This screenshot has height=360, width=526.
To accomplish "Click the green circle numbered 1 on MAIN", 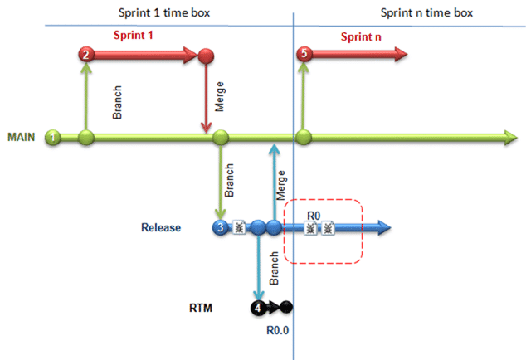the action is click(x=53, y=137).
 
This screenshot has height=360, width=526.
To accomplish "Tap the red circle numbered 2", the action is click(x=86, y=55).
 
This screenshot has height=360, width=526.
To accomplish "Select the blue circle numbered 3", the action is click(x=221, y=227).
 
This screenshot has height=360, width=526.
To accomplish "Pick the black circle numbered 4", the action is click(x=258, y=308).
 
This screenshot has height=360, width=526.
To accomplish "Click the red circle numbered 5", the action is click(x=304, y=54).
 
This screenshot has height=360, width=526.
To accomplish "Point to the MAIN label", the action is click(x=22, y=137).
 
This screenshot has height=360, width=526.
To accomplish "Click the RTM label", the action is click(x=201, y=308).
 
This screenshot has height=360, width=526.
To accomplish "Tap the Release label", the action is click(x=161, y=227).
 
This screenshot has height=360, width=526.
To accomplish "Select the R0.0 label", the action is click(x=277, y=330).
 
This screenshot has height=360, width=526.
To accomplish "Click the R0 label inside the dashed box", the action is click(x=314, y=216).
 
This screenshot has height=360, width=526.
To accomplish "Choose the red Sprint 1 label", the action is click(x=134, y=35).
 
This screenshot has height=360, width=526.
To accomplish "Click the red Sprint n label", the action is click(x=361, y=36).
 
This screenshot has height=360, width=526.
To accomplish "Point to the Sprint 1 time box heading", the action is click(x=164, y=12).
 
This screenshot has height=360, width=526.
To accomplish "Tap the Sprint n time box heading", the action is click(x=426, y=12).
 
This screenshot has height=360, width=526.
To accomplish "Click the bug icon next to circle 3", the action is click(x=239, y=227).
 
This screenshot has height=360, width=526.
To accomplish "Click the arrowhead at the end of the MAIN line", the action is click(x=510, y=138).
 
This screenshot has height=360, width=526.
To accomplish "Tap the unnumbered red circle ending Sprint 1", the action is click(x=206, y=56).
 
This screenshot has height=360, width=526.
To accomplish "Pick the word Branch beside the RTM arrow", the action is click(x=274, y=268).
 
